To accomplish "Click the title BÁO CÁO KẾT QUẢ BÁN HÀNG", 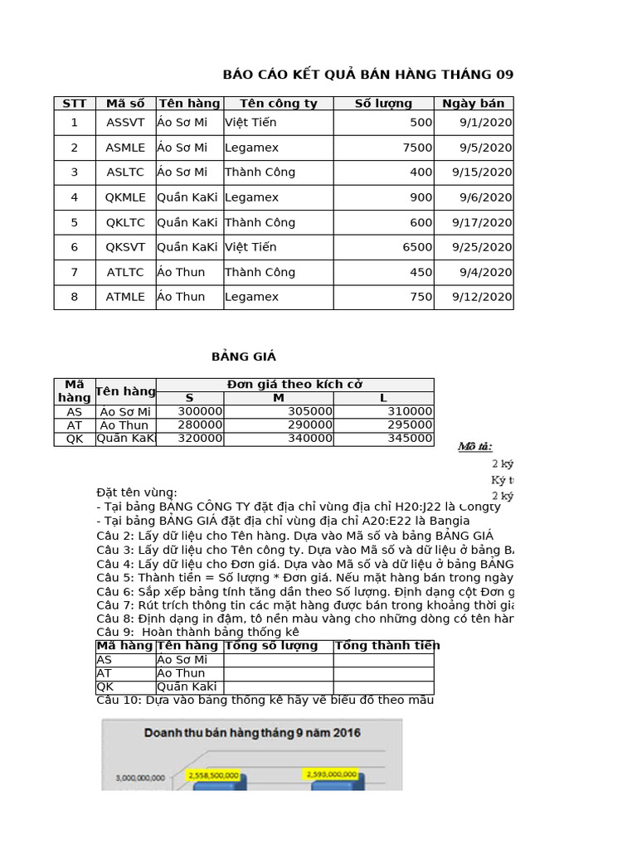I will [367, 75].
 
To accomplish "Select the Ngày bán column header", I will [473, 104].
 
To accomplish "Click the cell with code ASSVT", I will [125, 123].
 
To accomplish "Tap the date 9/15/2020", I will [482, 172].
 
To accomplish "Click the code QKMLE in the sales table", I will [125, 197].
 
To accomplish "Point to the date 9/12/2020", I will [482, 297].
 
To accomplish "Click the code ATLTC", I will [125, 272].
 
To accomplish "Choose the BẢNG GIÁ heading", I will [243, 357].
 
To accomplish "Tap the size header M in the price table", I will [279, 398].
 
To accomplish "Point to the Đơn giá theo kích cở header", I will [294, 385].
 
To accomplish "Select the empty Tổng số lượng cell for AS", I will [278, 660].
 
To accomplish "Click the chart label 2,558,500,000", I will [214, 775].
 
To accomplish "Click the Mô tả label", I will [475, 447].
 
